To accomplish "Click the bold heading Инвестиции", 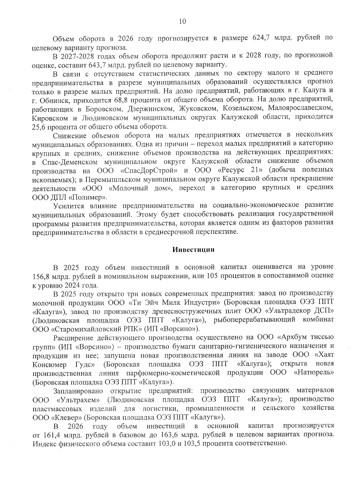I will (193, 250).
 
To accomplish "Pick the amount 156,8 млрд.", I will (41, 276).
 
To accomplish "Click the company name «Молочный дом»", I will (142, 188).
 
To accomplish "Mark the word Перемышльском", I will (110, 179).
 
